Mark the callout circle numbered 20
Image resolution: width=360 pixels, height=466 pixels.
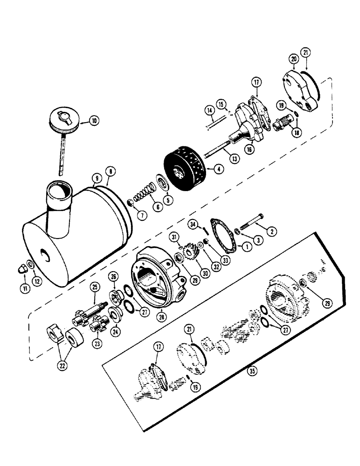click(293, 59)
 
